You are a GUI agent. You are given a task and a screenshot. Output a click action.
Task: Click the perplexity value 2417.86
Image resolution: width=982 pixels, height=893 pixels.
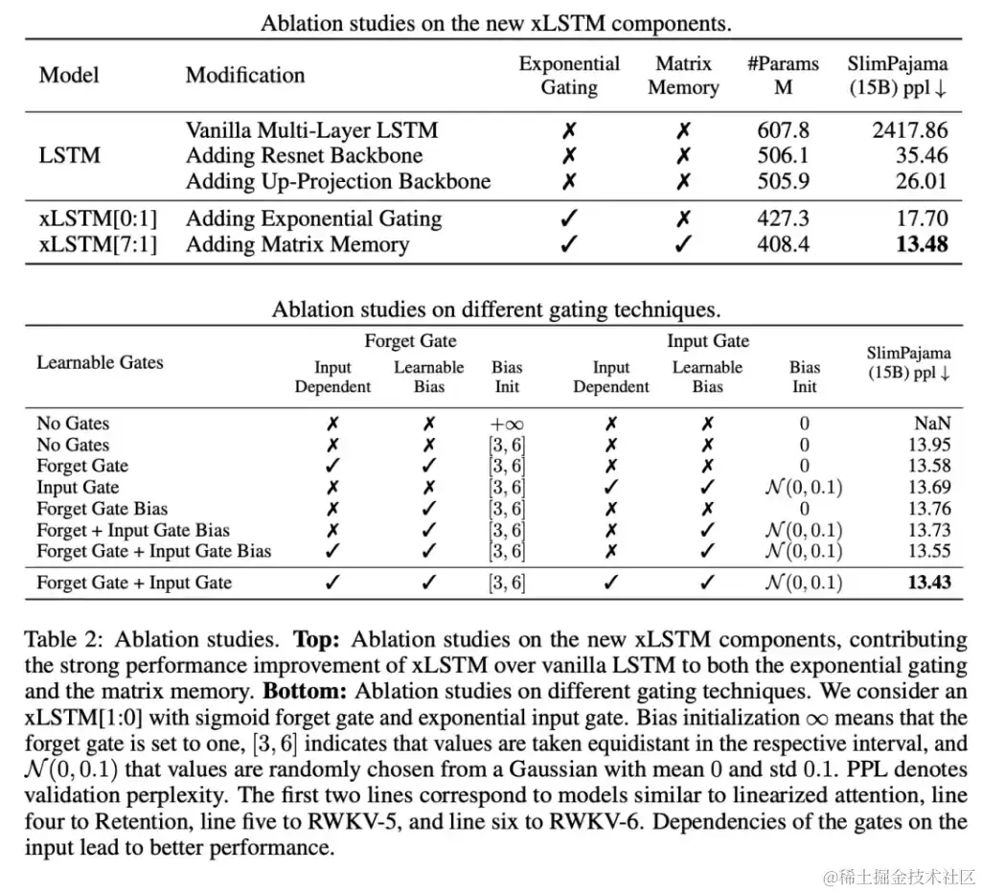[909, 130]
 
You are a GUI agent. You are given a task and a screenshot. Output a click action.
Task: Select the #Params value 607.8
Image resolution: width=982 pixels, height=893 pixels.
[783, 130]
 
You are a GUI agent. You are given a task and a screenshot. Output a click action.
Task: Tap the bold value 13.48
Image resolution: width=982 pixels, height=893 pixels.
[921, 244]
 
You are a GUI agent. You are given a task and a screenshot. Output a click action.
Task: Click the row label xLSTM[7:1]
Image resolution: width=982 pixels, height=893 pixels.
[97, 244]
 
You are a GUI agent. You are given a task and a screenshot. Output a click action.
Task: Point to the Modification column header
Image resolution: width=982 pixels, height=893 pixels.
[245, 75]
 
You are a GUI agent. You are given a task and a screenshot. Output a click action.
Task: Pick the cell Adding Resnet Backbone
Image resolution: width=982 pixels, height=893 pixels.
[304, 155]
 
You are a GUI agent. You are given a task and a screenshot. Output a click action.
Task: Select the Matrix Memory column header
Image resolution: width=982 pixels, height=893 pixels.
[683, 76]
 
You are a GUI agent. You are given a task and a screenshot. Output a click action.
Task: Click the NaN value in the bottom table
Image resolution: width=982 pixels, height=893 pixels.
[931, 423]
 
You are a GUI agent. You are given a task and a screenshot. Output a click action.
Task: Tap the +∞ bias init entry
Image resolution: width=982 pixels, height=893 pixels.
[507, 423]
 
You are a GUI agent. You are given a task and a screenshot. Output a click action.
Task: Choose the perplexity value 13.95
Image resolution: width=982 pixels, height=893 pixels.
[929, 445]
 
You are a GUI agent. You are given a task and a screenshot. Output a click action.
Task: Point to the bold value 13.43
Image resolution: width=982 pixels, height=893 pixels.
[928, 583]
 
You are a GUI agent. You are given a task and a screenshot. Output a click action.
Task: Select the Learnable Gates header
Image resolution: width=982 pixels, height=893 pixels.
[100, 362]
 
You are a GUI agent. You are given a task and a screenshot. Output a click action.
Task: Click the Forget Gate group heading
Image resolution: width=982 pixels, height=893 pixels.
[410, 341]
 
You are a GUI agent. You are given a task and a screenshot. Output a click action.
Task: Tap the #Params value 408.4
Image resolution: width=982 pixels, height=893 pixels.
[783, 244]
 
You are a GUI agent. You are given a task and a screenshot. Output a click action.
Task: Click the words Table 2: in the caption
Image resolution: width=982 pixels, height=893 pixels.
[59, 640]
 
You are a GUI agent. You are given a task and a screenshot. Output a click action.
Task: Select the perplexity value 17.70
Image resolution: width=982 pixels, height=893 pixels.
[922, 218]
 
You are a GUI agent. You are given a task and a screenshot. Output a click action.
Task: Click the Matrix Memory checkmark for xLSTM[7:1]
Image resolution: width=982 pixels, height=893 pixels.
[683, 244]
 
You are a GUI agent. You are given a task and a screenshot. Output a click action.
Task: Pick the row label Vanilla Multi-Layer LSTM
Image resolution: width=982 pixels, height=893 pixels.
[311, 130]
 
